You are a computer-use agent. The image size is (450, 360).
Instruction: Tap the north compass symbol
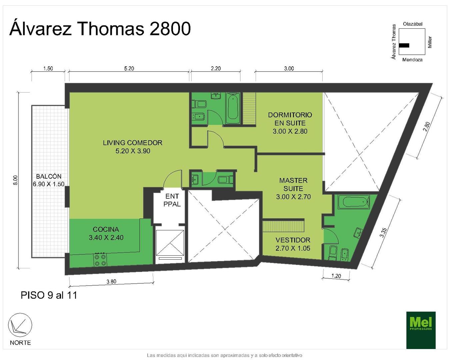(20, 325)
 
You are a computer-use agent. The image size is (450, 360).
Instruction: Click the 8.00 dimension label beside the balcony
(16, 180)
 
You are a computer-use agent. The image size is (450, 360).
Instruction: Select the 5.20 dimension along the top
(129, 68)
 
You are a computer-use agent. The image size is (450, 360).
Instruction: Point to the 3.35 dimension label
(383, 232)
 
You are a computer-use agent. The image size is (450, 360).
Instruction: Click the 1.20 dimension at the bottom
(336, 276)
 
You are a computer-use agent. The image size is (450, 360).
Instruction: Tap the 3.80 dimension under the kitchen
(111, 282)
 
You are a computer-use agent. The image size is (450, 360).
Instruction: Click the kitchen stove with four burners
(100, 259)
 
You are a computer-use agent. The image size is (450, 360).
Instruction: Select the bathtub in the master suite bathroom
(354, 202)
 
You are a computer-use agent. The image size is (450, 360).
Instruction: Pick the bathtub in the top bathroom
(233, 109)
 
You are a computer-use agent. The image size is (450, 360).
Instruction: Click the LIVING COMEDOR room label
(133, 143)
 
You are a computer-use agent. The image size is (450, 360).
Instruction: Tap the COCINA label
(106, 229)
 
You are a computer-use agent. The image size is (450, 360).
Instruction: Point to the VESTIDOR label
(293, 240)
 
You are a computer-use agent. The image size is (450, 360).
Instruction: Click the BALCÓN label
(49, 176)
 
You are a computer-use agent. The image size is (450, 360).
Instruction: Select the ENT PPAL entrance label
(172, 200)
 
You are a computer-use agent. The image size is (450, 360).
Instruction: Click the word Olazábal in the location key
(413, 24)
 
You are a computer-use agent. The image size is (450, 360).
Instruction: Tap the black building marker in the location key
(404, 45)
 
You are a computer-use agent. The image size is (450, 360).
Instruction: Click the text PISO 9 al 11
(49, 295)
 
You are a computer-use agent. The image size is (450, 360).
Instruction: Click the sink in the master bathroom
(358, 233)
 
